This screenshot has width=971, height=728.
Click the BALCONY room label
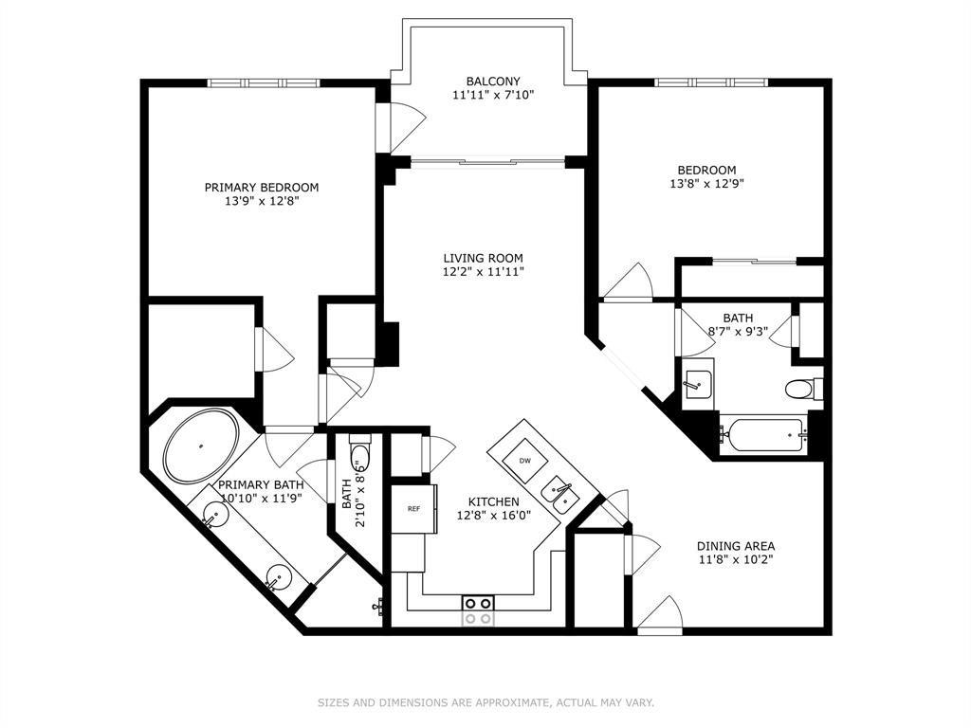pos(493,82)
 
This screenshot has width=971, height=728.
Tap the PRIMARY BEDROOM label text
pos(262,187)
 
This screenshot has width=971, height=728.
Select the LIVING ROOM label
pos(483,258)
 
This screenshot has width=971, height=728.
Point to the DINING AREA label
pos(736,546)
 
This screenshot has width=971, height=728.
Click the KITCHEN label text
pos(493,501)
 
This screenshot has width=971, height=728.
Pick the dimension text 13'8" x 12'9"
pos(706,184)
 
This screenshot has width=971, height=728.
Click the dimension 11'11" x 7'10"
pos(493,96)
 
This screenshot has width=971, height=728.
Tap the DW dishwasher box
pos(524,461)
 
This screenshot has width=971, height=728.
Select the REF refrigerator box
pos(413,509)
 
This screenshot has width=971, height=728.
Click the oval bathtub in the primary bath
pos(201,446)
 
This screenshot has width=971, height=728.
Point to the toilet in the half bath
pos(359,455)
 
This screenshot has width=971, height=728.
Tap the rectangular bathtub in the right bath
pos(764,434)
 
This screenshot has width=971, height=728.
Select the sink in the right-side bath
pos(698,384)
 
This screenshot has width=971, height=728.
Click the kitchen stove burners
pos(479,610)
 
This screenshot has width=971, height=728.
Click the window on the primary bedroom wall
pos(264,83)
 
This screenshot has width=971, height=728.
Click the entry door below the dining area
pos(660,616)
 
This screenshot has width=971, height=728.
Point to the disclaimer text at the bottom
pos(486,702)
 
